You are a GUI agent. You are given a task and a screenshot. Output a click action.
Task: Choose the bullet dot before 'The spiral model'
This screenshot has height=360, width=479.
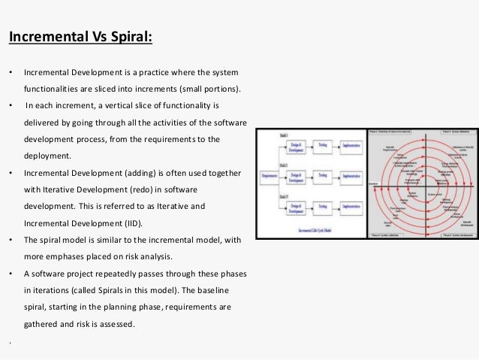[10, 240]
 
